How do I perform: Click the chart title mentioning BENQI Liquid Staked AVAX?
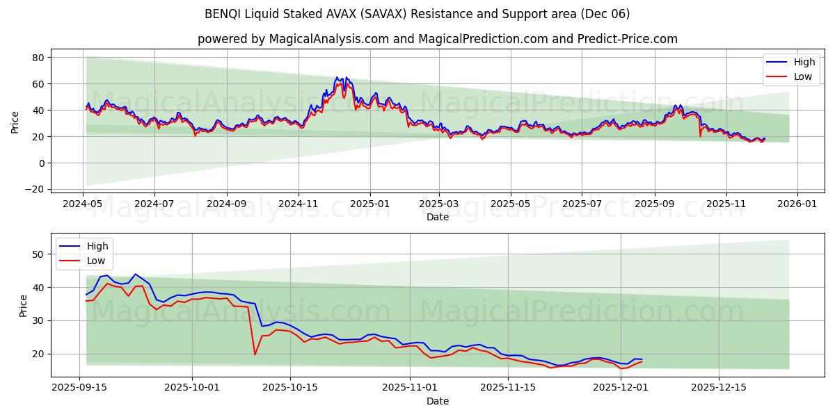(x=417, y=14)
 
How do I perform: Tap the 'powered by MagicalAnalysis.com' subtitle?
(x=437, y=39)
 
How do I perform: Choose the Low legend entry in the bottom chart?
(x=96, y=261)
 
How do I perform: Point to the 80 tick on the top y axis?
(x=38, y=58)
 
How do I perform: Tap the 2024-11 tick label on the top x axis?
(x=299, y=204)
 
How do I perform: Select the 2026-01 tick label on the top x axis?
(x=797, y=204)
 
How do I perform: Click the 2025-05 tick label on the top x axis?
(x=510, y=204)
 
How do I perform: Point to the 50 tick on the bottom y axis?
(x=40, y=254)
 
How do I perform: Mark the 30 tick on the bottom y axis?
(x=40, y=320)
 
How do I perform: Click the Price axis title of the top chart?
(x=15, y=122)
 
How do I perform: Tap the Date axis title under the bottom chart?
(x=438, y=401)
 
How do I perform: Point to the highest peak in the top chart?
(x=337, y=77)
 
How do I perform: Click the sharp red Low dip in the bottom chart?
(x=255, y=354)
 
